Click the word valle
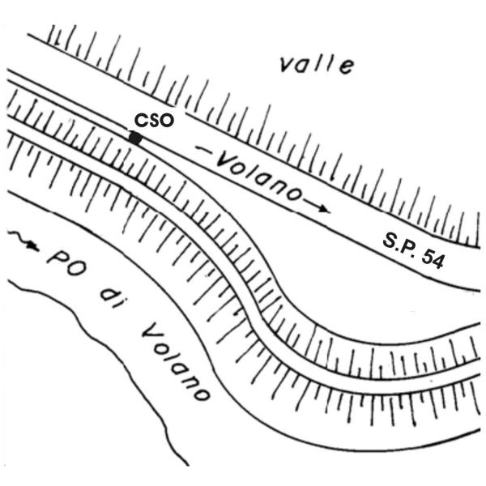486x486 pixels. (315, 64)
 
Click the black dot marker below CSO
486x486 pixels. (135, 139)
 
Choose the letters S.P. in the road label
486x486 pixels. (399, 241)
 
